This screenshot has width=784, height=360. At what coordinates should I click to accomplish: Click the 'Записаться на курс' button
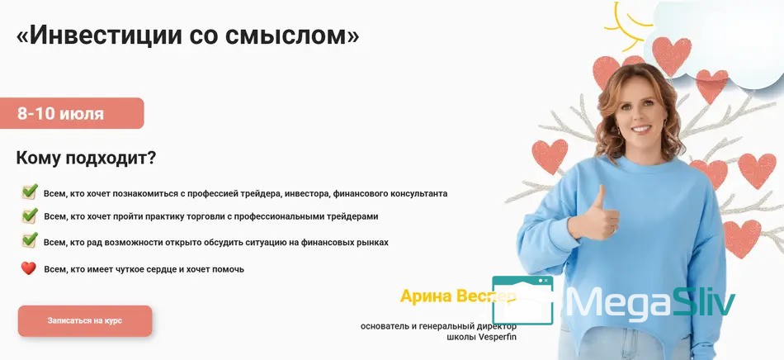pos(85,321)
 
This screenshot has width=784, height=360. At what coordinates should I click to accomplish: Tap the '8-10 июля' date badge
pos(72,113)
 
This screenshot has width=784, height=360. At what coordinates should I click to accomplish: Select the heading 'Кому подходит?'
pos(86,159)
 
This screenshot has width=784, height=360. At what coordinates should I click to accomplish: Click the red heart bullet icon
pos(29,268)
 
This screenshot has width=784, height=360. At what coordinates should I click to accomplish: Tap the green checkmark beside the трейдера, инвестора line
pos(30,192)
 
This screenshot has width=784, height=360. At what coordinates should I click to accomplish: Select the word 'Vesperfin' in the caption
pos(497,337)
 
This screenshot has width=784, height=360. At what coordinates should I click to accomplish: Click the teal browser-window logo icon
pos(523,301)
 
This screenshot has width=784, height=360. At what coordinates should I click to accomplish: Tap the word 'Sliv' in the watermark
pos(703,302)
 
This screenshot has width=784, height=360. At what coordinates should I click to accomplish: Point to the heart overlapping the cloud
pos(672,55)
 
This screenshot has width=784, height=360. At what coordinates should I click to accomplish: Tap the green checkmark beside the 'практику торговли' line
pos(30,216)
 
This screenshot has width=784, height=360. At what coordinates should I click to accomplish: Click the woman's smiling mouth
pos(641,129)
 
